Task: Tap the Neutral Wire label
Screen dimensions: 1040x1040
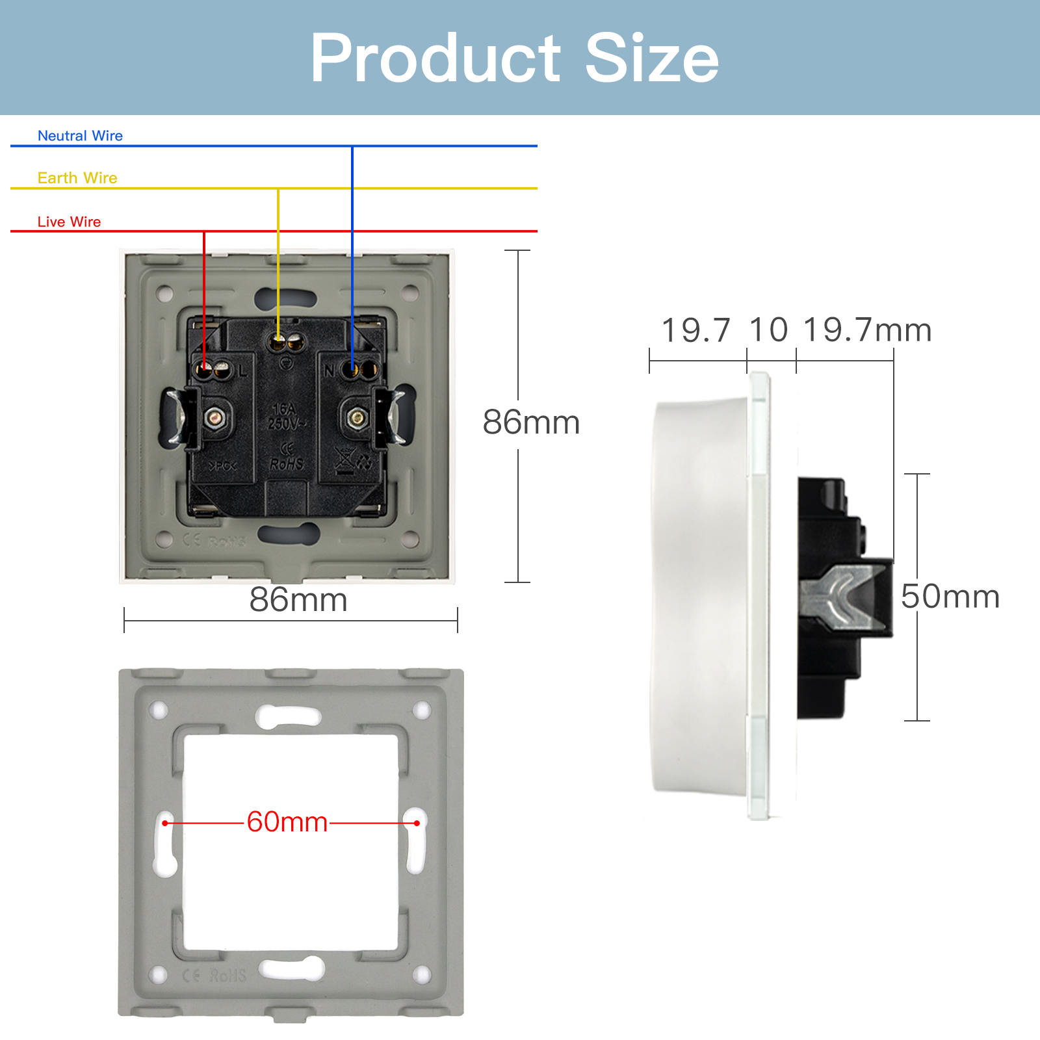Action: [x=80, y=136]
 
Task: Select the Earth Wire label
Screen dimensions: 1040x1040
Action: [x=77, y=178]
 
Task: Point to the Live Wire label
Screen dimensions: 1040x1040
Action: [x=69, y=222]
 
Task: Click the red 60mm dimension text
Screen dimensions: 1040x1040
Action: [x=287, y=822]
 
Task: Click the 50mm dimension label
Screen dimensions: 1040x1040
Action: [x=950, y=597]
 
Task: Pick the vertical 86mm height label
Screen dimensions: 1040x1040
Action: [x=531, y=422]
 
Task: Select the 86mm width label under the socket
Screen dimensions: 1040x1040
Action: [x=298, y=599]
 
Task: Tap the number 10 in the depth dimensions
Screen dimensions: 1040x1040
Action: [x=768, y=330]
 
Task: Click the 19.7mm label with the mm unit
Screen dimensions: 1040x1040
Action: [x=867, y=330]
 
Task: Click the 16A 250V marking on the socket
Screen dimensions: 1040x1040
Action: [x=285, y=417]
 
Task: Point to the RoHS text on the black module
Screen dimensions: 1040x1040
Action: [x=287, y=464]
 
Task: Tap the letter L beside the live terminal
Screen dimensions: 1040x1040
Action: [x=242, y=371]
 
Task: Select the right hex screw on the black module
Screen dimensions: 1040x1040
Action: [x=356, y=418]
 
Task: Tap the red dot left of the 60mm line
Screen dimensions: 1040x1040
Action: [x=165, y=823]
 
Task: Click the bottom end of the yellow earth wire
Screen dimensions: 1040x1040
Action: [x=278, y=338]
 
